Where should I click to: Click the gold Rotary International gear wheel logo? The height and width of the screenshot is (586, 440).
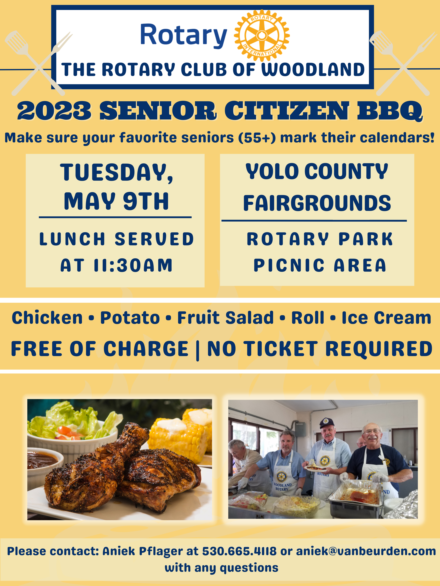[262, 36]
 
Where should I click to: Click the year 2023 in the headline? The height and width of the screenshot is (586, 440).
[54, 111]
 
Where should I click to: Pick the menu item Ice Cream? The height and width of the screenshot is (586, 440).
[386, 318]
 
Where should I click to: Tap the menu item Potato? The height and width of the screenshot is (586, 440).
[130, 318]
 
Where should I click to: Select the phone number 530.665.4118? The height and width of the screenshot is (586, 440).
[239, 551]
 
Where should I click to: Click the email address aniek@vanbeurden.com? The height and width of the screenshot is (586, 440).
[366, 551]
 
